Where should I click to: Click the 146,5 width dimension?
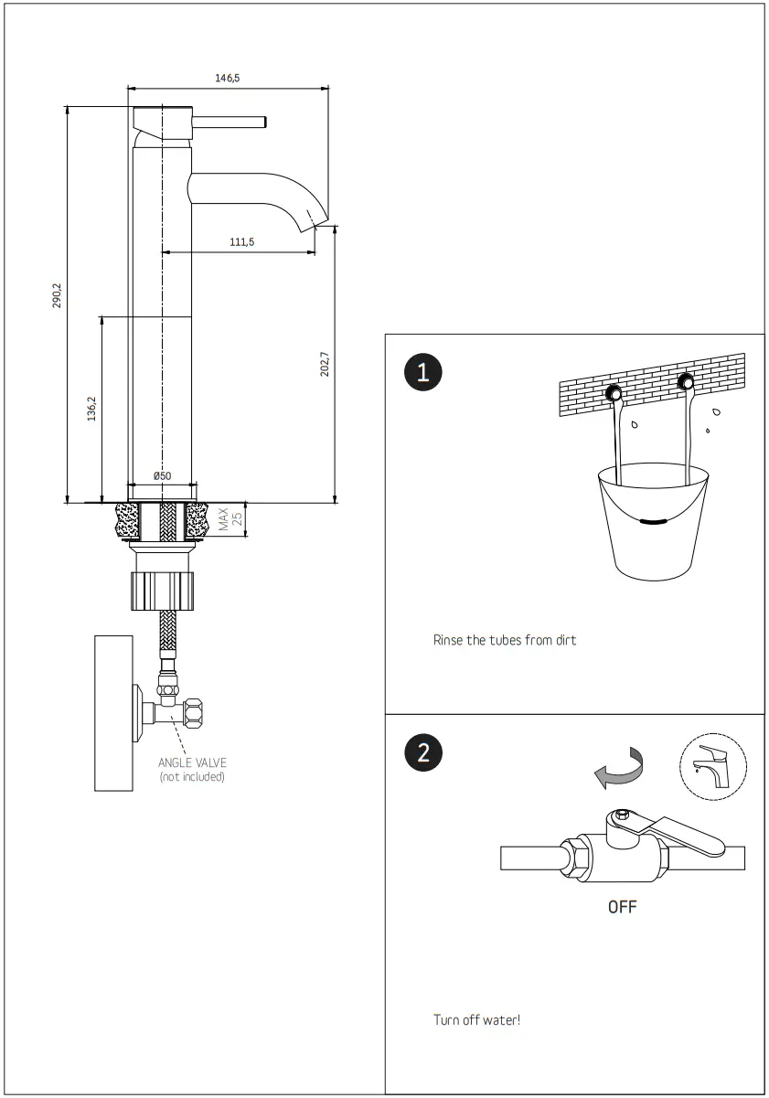tap(227, 79)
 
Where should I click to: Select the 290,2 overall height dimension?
tap(57, 295)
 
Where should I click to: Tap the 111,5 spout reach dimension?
tap(240, 241)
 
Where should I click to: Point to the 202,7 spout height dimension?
tap(324, 364)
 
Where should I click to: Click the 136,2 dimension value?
tap(91, 410)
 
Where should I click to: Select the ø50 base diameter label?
tap(162, 475)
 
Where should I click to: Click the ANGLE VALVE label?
tap(192, 762)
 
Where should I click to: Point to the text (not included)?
tap(192, 777)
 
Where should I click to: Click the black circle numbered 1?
tap(422, 372)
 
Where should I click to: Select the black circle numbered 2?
tap(422, 752)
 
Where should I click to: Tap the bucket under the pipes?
tap(652, 521)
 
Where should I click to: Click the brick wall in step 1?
tap(651, 384)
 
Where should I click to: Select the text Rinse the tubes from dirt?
tap(504, 640)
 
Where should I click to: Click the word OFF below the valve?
tap(622, 907)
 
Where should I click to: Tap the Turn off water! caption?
tap(476, 1019)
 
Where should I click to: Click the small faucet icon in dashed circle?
tap(708, 763)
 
